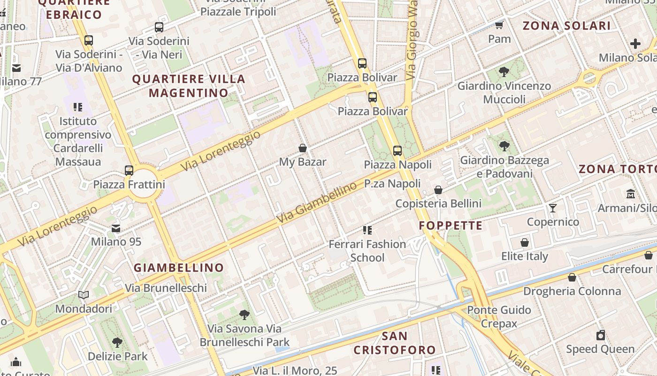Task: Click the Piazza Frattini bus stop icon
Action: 129,170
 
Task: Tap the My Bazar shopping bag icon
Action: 303,148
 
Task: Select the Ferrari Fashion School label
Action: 367,251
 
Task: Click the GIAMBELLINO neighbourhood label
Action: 179,268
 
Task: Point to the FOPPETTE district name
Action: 451,226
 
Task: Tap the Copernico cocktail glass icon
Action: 553,208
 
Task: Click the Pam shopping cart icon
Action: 499,25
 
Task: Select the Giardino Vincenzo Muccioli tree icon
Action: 504,72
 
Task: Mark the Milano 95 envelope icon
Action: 116,228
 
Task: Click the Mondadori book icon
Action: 84,295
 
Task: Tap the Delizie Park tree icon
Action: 117,343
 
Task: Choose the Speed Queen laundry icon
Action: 600,335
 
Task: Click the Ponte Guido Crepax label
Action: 499,316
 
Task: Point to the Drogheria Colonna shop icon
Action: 572,277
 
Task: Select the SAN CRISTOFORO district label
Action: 394,343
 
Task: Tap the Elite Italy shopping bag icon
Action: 525,243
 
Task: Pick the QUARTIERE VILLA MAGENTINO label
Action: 189,86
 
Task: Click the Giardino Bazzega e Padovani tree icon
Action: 504,146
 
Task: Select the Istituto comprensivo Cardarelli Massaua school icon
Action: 78,107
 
